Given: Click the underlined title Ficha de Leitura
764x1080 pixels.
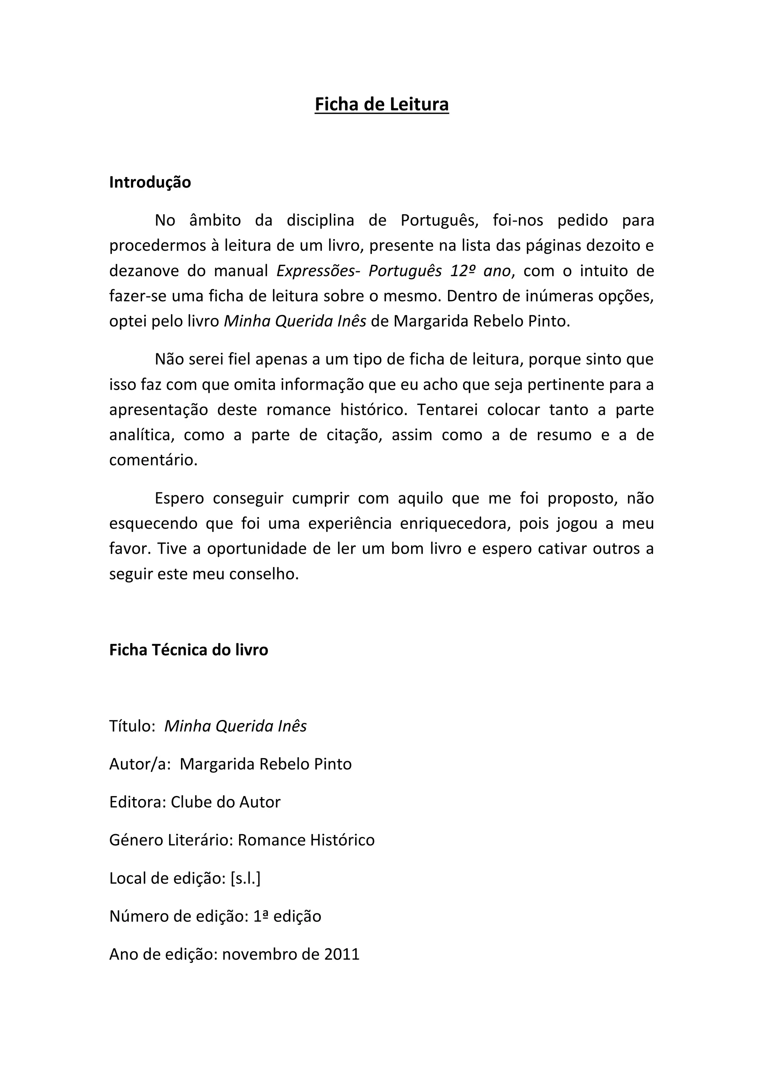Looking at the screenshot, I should (x=382, y=104).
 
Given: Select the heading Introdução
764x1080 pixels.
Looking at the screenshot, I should (x=150, y=182).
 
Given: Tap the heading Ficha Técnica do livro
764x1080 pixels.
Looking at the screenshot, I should (x=189, y=649).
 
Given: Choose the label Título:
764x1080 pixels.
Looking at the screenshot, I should (x=132, y=726).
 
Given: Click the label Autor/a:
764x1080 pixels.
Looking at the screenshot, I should (x=139, y=764).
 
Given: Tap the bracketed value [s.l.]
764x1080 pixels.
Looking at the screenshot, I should (x=245, y=878).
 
